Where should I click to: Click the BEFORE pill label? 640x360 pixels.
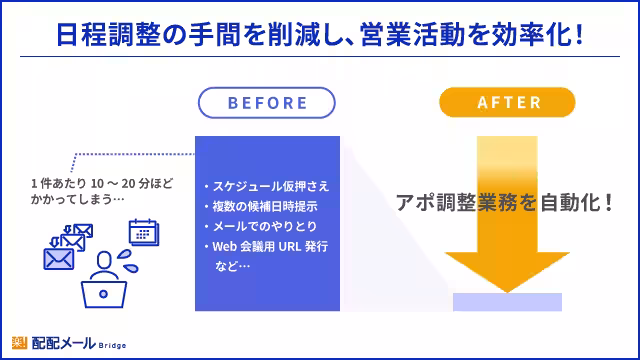pos(266,103)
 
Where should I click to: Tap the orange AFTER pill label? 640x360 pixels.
pos(509,103)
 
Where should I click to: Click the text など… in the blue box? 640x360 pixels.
pos(232,266)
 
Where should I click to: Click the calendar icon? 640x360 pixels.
pos(145,232)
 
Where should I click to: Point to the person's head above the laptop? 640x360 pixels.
pos(103,261)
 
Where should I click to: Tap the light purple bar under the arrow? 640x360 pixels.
pos(507,301)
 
